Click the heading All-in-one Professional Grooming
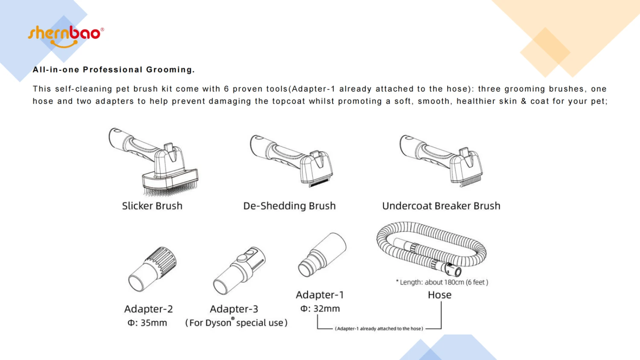[113, 70]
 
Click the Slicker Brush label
[152, 206]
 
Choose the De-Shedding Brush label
[289, 206]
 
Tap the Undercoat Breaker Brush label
[441, 206]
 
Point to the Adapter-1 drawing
[322, 254]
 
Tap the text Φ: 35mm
[148, 323]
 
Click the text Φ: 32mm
[320, 308]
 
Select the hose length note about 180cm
[442, 282]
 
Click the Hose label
[439, 295]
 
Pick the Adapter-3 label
[234, 309]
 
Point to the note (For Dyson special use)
[236, 323]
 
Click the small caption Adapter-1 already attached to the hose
[379, 328]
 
